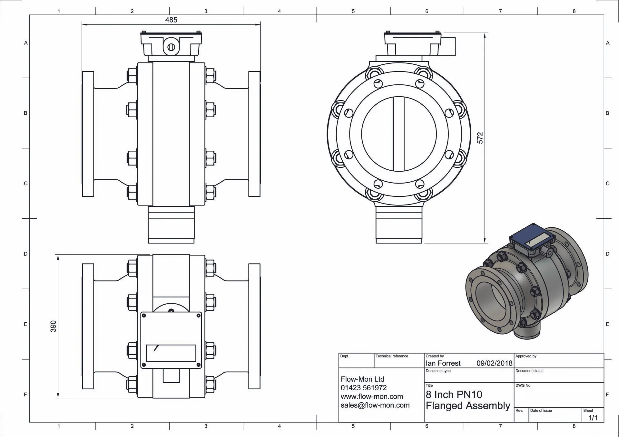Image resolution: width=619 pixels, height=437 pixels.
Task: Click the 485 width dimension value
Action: tap(171, 20)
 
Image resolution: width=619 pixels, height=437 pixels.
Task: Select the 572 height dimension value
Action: tap(480, 138)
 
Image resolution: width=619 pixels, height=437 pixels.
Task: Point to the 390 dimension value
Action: tap(53, 326)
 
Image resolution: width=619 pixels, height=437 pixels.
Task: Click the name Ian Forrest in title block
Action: tap(443, 363)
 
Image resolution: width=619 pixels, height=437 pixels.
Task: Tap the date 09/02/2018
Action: tap(494, 363)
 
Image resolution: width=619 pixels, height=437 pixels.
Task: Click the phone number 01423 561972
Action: tap(364, 388)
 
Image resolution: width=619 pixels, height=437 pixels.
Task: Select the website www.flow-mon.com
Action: tap(372, 396)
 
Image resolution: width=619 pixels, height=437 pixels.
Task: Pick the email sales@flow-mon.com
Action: tap(375, 405)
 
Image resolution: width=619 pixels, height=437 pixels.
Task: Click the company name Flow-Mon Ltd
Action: tap(362, 379)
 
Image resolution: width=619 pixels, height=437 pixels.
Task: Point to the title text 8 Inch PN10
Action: tap(454, 394)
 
